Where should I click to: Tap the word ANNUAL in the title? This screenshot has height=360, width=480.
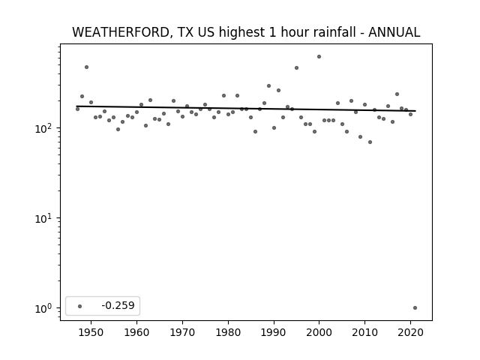(x=394, y=32)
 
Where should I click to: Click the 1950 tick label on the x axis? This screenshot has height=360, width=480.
(x=91, y=332)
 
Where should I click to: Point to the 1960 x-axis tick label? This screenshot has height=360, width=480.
(x=136, y=332)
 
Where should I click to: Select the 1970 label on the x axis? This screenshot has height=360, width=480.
(x=182, y=332)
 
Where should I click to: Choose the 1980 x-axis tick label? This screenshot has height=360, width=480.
(x=228, y=332)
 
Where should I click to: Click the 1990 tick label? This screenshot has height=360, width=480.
(x=274, y=332)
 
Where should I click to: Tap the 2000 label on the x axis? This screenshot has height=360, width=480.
(x=319, y=332)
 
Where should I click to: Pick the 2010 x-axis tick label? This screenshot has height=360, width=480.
(x=364, y=332)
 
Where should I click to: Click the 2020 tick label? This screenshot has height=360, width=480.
(x=410, y=332)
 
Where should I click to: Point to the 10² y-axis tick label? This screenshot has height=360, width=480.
(x=45, y=128)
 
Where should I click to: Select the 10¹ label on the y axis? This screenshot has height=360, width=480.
(x=45, y=218)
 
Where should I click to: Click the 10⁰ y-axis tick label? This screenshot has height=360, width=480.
(x=45, y=308)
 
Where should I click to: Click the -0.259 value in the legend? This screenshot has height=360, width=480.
(x=118, y=305)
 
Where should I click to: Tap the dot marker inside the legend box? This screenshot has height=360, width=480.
(x=80, y=306)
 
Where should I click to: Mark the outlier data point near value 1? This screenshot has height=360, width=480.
(x=415, y=308)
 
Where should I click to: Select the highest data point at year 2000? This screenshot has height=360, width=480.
(x=319, y=57)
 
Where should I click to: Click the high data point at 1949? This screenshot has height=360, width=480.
(x=87, y=67)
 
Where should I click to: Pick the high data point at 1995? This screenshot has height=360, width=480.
(x=296, y=68)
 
